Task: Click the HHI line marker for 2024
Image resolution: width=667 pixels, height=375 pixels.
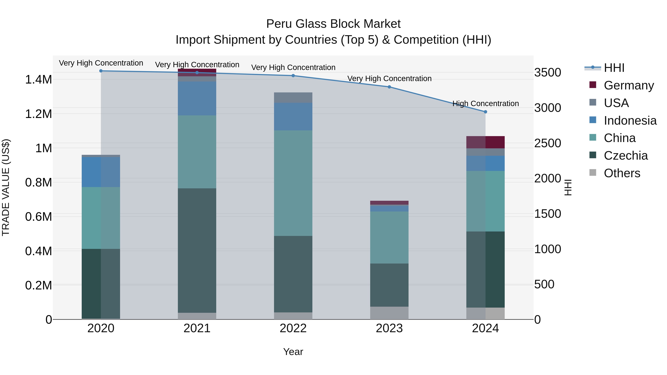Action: (x=485, y=112)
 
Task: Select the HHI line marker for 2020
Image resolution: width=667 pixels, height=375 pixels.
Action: (x=101, y=71)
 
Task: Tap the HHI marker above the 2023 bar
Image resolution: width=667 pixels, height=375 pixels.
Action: (x=389, y=87)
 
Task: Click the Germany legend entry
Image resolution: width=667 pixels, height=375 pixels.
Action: (x=629, y=85)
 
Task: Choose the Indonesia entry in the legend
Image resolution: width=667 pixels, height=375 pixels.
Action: (x=630, y=120)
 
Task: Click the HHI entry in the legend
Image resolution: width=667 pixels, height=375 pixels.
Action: (x=614, y=68)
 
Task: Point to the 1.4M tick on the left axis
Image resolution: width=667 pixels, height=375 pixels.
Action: (x=38, y=79)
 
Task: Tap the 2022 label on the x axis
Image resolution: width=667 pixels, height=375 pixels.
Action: (x=293, y=328)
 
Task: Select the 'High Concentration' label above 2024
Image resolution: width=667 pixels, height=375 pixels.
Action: (x=485, y=104)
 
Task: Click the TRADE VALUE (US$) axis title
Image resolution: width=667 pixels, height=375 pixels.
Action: (x=6, y=187)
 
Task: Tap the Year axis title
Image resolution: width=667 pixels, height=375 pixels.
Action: (x=293, y=352)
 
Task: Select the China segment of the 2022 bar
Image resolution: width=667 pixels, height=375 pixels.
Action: (x=293, y=183)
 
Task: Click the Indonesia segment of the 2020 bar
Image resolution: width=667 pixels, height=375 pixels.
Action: (x=101, y=172)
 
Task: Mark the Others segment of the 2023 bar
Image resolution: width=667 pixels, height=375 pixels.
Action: (x=389, y=313)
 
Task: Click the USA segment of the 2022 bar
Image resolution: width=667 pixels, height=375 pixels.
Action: (x=293, y=98)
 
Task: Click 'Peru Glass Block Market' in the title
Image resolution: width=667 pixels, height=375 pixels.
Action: (x=333, y=24)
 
